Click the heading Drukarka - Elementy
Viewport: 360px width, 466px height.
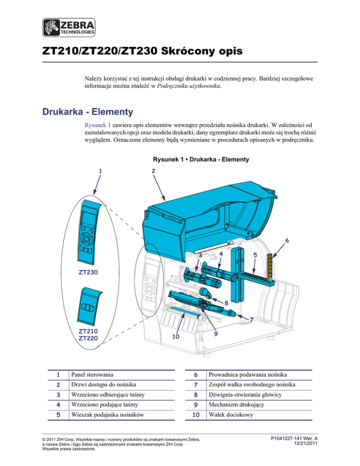87,113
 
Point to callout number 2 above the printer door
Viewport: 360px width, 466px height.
153,171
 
